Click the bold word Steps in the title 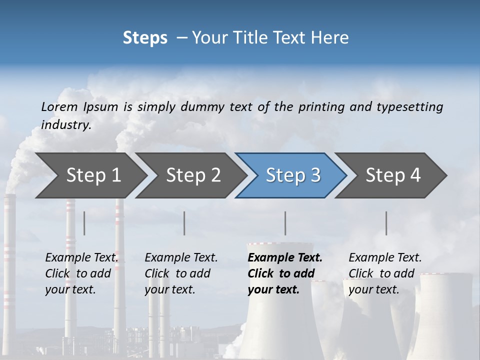145,38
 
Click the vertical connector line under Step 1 84,223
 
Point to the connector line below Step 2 184,223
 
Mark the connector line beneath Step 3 285,223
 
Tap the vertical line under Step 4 386,223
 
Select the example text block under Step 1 81,273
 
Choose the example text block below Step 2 181,273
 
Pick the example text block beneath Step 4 385,273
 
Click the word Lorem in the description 59,106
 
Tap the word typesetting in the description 409,106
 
